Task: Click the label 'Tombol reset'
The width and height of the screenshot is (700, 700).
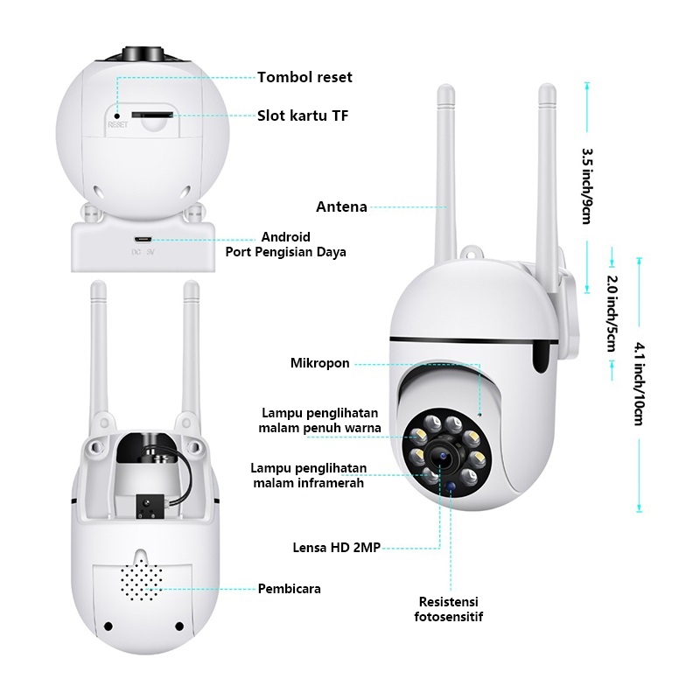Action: tap(304, 77)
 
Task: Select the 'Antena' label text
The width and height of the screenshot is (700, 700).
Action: tap(341, 207)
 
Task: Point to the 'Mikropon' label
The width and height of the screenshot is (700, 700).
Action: tap(320, 363)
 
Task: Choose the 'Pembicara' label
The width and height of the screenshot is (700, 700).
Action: tap(289, 589)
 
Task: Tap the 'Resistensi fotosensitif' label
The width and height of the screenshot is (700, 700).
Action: tap(449, 610)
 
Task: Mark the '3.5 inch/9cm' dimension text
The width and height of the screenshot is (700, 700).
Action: tap(586, 185)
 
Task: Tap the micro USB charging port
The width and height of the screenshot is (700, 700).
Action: tap(143, 239)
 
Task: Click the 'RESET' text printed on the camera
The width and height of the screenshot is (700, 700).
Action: tap(118, 125)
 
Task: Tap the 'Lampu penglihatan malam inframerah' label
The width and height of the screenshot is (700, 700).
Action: tap(308, 475)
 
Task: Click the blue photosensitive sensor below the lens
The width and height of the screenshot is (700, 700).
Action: tap(451, 485)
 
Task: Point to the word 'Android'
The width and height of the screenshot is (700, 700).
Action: tap(286, 237)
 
